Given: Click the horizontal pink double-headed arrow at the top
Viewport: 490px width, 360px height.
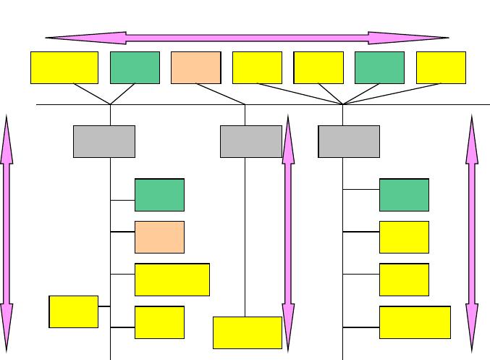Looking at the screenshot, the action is pyautogui.click(x=247, y=38).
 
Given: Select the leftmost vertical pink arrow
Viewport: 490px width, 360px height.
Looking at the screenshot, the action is pyautogui.click(x=7, y=232).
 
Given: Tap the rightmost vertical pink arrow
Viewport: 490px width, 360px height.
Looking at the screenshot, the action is pyautogui.click(x=473, y=232).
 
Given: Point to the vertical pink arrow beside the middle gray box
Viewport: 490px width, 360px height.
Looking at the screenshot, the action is pyautogui.click(x=288, y=232).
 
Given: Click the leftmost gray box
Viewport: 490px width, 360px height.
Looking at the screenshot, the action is pyautogui.click(x=104, y=141).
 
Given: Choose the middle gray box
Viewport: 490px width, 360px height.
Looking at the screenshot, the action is pyautogui.click(x=250, y=141).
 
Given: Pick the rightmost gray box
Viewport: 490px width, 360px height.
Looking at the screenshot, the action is pyautogui.click(x=349, y=141).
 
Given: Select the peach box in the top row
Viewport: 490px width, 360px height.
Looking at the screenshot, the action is pyautogui.click(x=195, y=67).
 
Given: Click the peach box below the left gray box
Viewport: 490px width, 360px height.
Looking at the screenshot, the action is pyautogui.click(x=159, y=237).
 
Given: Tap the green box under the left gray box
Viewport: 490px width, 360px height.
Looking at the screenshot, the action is pyautogui.click(x=159, y=195).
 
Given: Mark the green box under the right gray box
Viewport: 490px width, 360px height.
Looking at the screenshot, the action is pyautogui.click(x=404, y=195).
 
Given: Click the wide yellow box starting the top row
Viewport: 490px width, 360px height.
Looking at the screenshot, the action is pyautogui.click(x=64, y=67).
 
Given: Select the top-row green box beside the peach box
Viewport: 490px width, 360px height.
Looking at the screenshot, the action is pyautogui.click(x=135, y=67).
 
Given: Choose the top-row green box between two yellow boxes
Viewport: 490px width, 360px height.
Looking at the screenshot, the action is pyautogui.click(x=379, y=67).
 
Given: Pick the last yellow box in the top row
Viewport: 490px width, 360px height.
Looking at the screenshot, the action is pyautogui.click(x=441, y=67).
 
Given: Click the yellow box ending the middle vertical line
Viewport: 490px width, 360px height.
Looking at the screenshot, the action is pyautogui.click(x=248, y=332).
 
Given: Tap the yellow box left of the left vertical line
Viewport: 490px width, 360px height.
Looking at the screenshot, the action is pyautogui.click(x=73, y=311).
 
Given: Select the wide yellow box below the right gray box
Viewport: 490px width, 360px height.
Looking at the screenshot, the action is pyautogui.click(x=415, y=322).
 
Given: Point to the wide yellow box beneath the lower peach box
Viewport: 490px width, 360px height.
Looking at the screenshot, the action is pyautogui.click(x=172, y=280).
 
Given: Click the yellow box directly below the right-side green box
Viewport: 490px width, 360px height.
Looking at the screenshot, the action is pyautogui.click(x=404, y=237).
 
